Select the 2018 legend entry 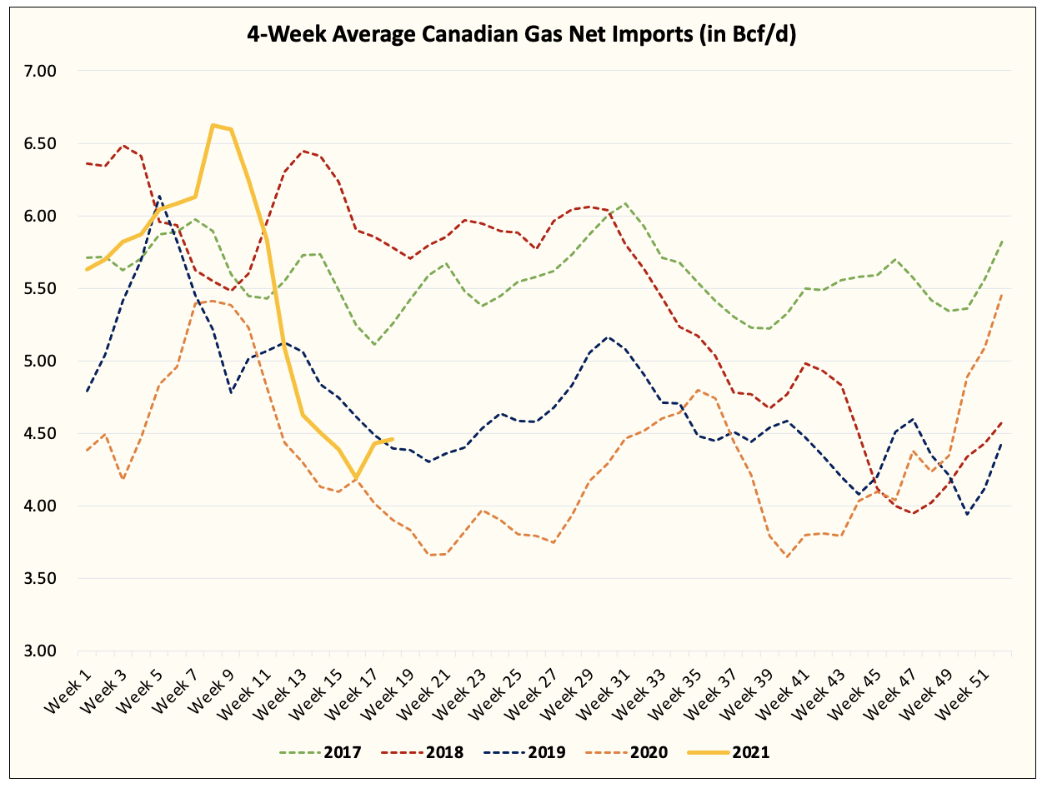pos(423,753)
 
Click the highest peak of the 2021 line pos(213,126)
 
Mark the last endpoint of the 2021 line pos(392,439)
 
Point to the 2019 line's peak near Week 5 pos(158,197)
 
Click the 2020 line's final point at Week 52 pos(1001,294)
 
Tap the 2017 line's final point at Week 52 pos(1001,242)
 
